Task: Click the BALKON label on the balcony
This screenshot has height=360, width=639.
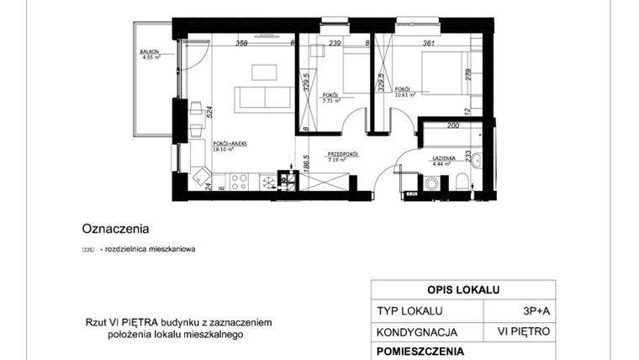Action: coord(151,52)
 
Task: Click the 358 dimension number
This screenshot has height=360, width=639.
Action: coord(241,43)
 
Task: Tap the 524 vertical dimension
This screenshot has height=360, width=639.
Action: coord(209,111)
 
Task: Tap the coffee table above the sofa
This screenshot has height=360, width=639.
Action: coord(263,71)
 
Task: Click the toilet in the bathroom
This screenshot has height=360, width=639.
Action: coord(463,183)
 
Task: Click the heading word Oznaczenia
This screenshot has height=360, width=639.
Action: coord(115,227)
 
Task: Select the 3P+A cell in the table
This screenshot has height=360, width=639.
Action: coord(531,310)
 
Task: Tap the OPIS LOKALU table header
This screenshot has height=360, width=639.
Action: coord(462,289)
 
